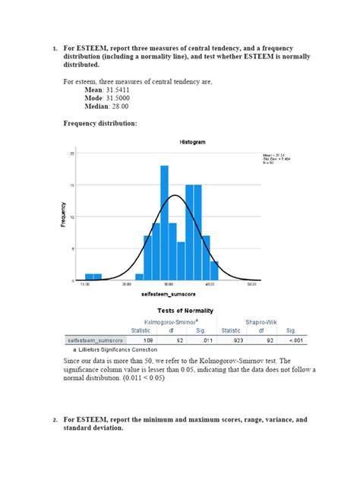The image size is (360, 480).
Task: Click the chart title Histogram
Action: pos(192,142)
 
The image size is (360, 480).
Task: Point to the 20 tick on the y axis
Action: pos(72,153)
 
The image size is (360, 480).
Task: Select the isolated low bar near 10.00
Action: pos(93,276)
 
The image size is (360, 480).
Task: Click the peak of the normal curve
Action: pos(175,196)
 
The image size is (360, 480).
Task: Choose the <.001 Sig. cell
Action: pos(292,341)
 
